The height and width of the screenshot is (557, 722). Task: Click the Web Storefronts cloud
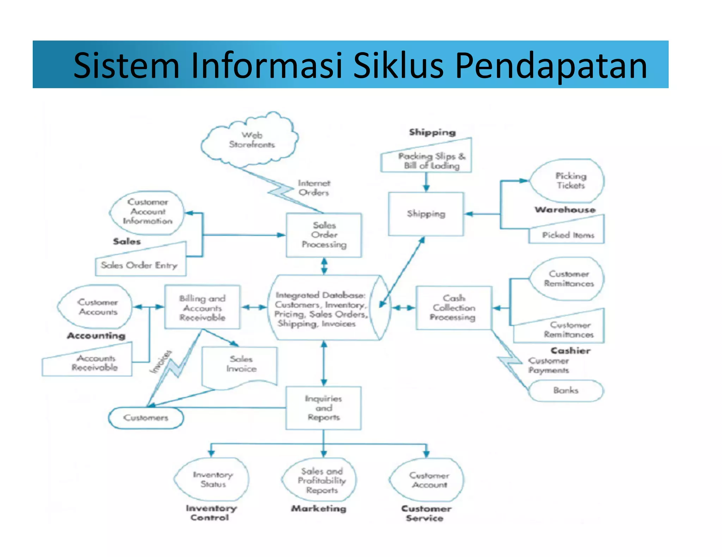click(251, 140)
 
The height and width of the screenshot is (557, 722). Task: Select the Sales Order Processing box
click(324, 235)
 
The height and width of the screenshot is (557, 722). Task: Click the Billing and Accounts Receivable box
click(202, 308)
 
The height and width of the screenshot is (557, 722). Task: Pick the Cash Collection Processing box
click(453, 308)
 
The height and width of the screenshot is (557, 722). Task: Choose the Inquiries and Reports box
click(324, 408)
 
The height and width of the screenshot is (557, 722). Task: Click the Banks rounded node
click(566, 390)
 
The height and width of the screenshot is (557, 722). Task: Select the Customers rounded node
click(146, 418)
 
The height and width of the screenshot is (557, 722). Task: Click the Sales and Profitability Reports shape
click(321, 480)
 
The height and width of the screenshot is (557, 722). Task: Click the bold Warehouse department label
click(565, 210)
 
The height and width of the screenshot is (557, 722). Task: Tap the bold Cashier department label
click(570, 351)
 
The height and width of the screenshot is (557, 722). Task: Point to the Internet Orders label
click(314, 188)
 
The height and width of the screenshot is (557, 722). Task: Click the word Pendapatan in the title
click(551, 65)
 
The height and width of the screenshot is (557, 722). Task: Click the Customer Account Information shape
click(147, 212)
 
